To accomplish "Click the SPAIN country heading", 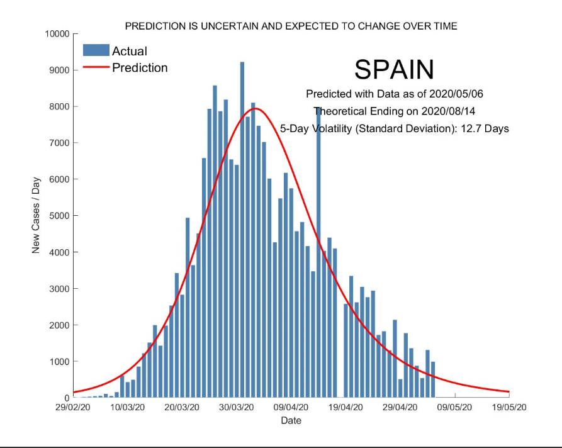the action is [x=394, y=69].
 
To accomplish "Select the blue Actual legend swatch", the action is [x=96, y=50].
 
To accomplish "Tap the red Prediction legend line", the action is [x=96, y=67].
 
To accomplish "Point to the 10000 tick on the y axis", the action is [x=57, y=34].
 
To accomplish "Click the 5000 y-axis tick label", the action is [x=60, y=216].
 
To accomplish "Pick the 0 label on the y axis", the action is [x=67, y=398].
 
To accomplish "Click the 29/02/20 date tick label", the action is [x=73, y=408].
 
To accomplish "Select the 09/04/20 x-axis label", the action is [x=291, y=408].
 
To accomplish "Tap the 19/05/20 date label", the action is [x=509, y=408].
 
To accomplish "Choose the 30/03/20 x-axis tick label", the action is [x=236, y=408].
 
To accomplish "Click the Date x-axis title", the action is [x=291, y=420].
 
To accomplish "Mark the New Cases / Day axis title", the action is [x=36, y=215].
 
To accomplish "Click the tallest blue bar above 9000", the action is [x=242, y=230].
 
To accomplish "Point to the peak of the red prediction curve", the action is [x=255, y=108].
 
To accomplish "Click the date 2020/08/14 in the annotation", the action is [x=448, y=111].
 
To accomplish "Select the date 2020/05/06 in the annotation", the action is [x=456, y=94].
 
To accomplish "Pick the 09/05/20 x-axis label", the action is [x=454, y=408].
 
